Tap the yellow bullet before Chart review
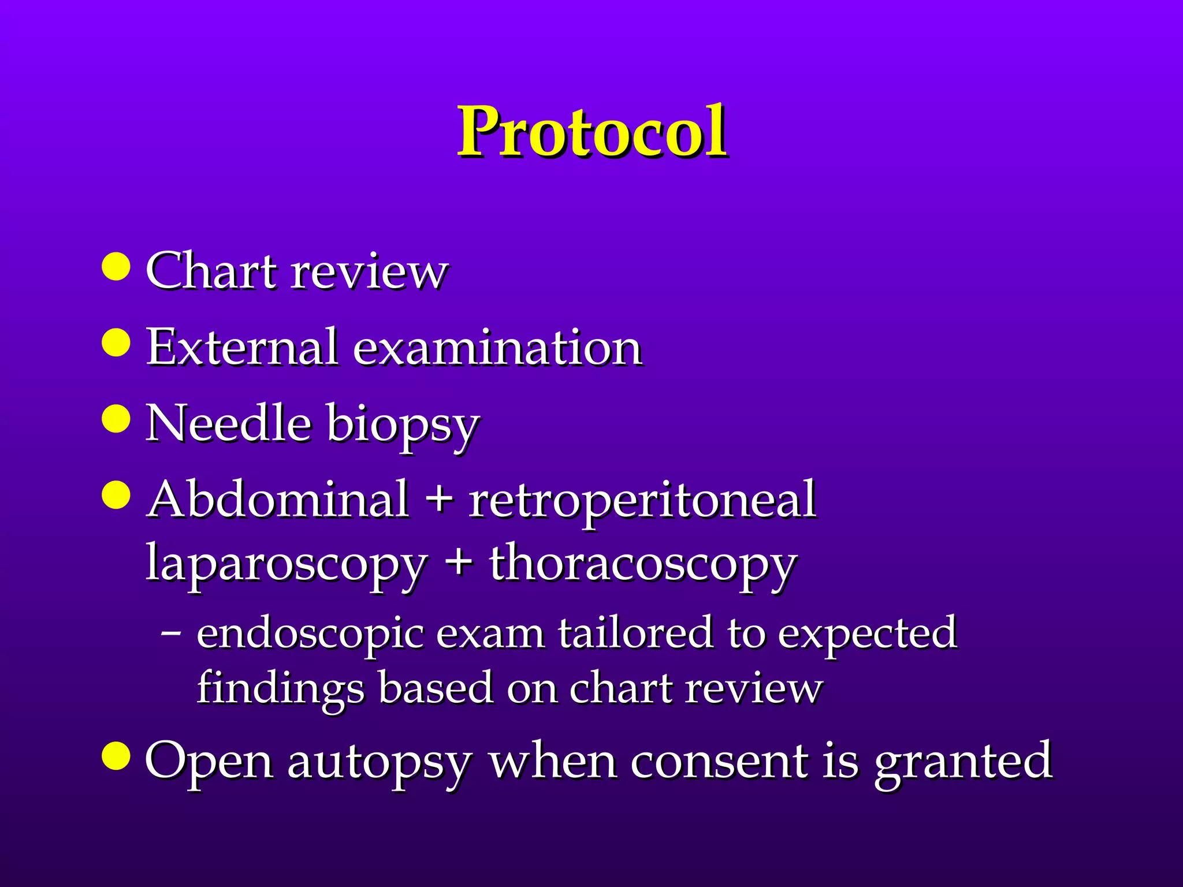(x=116, y=266)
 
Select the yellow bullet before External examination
(x=116, y=342)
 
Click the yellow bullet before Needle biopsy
(x=116, y=418)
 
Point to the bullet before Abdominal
(x=116, y=494)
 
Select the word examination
(x=497, y=348)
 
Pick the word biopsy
(x=403, y=427)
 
